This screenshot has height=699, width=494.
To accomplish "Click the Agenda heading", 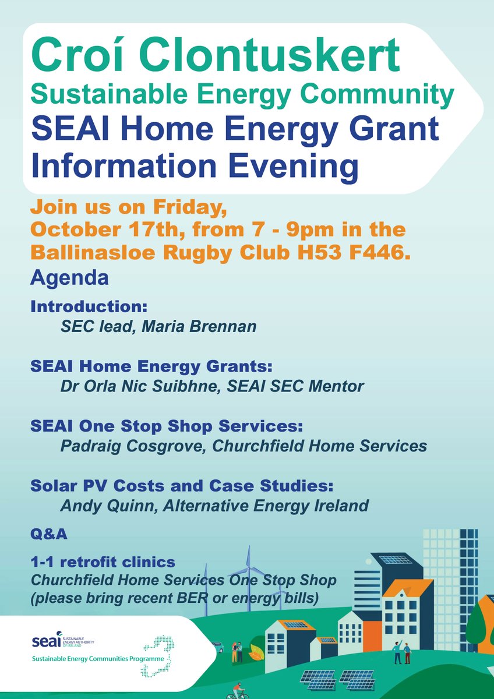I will point(69,278).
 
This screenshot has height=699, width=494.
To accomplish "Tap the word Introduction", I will point(87,306).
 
